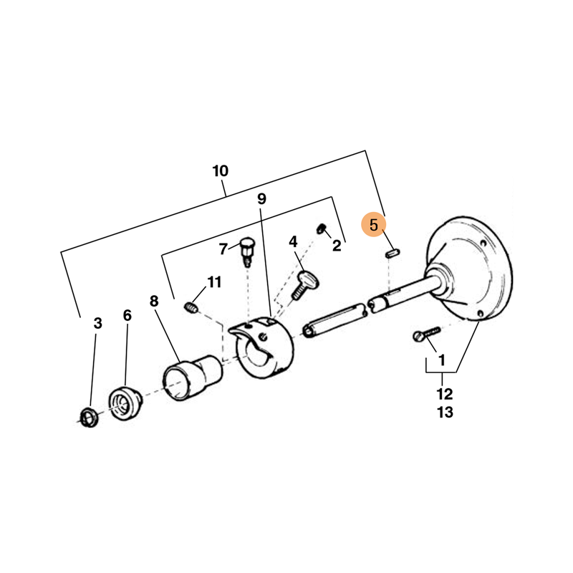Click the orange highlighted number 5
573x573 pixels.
coord(373,225)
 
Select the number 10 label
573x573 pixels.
coord(221,170)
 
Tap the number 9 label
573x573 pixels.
coord(261,199)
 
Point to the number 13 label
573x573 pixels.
coord(445,413)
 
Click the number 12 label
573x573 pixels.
coord(445,394)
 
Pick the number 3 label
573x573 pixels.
coord(97,323)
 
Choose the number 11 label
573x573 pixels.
coord(214,282)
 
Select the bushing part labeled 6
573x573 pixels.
coord(125,403)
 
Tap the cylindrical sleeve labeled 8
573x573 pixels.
coord(193,378)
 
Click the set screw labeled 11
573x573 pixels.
coord(191,307)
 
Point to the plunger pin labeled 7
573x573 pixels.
coord(247,251)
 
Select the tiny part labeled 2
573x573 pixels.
coord(321,228)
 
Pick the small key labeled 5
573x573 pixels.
coord(393,253)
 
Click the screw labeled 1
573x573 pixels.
coord(427,334)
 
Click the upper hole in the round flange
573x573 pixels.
coord(484,243)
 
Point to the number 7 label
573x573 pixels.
coord(223,249)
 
